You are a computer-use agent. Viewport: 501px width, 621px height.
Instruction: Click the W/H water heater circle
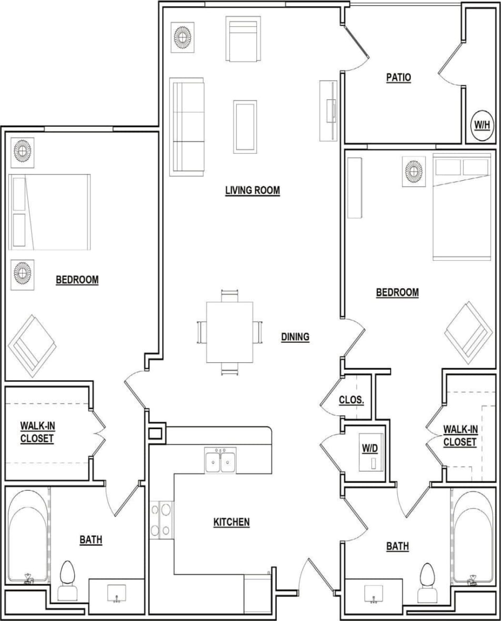click(482, 125)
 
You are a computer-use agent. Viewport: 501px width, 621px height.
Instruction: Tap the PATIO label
click(398, 78)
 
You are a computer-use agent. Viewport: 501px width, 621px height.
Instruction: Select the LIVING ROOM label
click(252, 190)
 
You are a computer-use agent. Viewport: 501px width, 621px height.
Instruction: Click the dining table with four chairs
click(229, 332)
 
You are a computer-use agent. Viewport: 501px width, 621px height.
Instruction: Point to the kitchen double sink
click(221, 461)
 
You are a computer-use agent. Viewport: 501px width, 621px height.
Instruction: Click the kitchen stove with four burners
click(162, 520)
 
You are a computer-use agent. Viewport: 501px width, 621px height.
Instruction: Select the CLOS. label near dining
click(351, 400)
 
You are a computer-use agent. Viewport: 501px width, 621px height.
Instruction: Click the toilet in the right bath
click(427, 583)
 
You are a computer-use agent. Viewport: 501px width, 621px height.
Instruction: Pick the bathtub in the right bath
click(473, 536)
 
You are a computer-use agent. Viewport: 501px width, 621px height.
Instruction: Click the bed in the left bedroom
click(50, 212)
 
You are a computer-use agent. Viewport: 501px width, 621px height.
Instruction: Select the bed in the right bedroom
click(461, 207)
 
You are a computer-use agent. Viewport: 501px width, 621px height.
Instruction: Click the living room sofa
click(187, 127)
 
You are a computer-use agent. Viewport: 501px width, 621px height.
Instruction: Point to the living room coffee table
click(245, 126)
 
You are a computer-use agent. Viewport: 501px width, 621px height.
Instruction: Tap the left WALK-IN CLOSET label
click(37, 432)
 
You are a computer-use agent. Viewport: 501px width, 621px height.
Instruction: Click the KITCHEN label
click(232, 522)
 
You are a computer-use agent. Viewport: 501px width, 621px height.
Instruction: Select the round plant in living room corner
click(183, 37)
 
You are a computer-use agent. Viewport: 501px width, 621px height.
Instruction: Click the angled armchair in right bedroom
click(468, 332)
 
